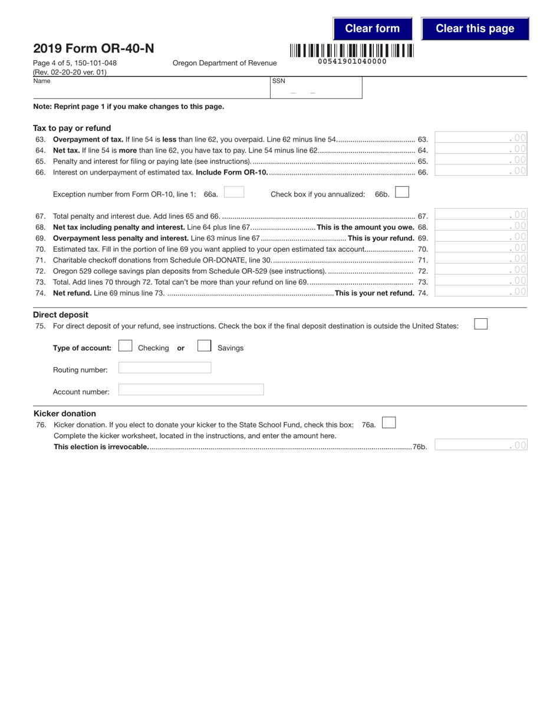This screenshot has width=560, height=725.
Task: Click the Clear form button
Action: [372, 28]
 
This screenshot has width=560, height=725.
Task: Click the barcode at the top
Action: [351, 51]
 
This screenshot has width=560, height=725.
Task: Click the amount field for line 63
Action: [480, 138]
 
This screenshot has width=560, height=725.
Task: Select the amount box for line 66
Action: [480, 172]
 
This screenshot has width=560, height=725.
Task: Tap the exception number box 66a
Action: [234, 193]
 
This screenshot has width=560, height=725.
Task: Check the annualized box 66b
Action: [402, 192]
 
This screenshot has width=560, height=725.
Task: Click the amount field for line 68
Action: [480, 226]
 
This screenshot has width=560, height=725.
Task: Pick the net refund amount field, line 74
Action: [480, 292]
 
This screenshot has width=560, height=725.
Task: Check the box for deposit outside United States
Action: [481, 324]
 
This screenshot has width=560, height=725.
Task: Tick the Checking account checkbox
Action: [126, 347]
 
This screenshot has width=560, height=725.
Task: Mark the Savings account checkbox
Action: [205, 347]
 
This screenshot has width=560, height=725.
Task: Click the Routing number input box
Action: [164, 368]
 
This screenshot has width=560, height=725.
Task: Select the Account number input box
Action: [191, 390]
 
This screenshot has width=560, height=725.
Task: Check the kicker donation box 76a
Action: [389, 423]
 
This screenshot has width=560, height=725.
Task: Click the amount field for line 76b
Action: [480, 446]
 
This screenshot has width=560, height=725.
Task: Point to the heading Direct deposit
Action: [61, 315]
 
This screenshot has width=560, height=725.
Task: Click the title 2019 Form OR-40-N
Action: [94, 49]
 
